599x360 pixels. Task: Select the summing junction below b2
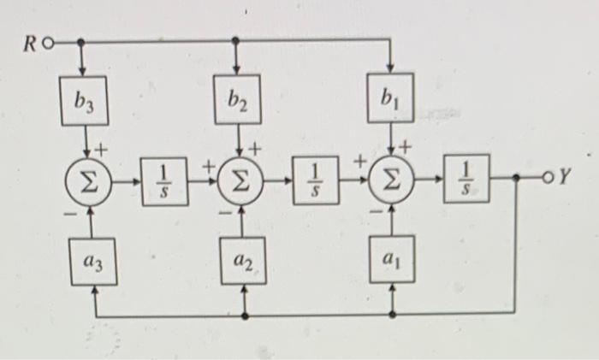point(239,182)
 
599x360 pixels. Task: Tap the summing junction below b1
point(392,182)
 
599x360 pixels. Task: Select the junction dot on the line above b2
point(237,40)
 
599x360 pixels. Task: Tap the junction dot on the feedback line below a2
point(246,316)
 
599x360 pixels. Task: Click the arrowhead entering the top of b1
point(391,68)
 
